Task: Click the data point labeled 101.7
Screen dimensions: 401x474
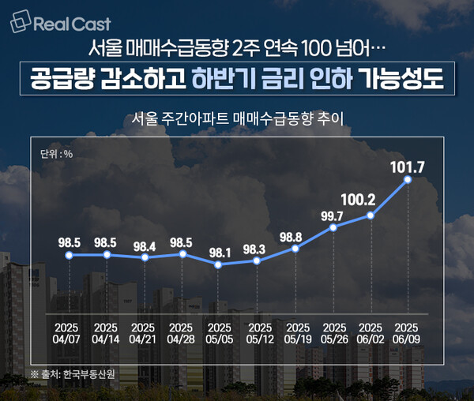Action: (x=408, y=180)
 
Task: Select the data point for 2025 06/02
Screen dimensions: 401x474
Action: (x=371, y=215)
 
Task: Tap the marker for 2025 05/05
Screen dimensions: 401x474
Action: (x=219, y=264)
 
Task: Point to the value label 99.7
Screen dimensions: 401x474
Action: (x=333, y=215)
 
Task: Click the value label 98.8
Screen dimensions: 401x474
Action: (x=295, y=236)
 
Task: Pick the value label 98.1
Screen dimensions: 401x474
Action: (x=219, y=253)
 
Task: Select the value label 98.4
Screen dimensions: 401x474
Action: (x=144, y=245)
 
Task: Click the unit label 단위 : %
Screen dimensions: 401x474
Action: (x=55, y=153)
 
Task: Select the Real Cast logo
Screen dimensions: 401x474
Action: (x=61, y=24)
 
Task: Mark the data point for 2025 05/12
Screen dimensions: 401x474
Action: (x=257, y=260)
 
